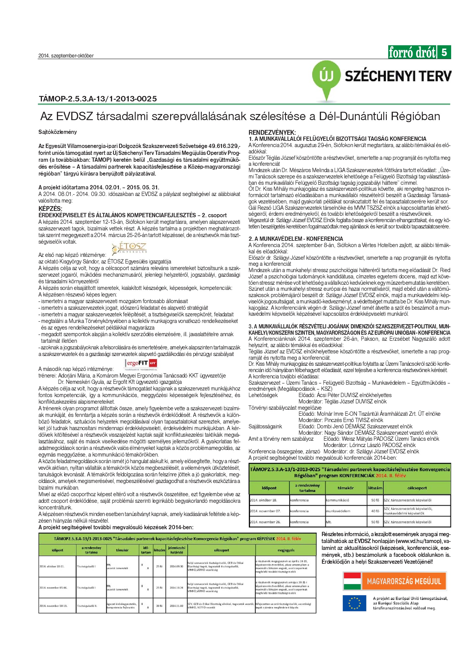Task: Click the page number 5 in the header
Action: (444, 52)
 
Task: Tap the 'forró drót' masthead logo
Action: (412, 53)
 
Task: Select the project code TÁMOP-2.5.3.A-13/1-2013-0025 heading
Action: (98, 99)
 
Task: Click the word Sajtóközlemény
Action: (57, 132)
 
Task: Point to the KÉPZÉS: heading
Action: (50, 208)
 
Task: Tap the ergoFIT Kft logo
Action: (141, 364)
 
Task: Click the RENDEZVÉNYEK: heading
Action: (272, 132)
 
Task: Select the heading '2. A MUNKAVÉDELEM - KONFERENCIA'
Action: (296, 238)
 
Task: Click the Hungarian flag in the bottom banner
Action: (352, 581)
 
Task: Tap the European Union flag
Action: (354, 603)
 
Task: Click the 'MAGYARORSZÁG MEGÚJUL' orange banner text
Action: (404, 581)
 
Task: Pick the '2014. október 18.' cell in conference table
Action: (264, 500)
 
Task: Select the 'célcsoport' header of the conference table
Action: (417, 488)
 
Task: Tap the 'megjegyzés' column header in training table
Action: (286, 550)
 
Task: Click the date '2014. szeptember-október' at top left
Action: (66, 56)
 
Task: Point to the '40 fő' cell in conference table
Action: (375, 511)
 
